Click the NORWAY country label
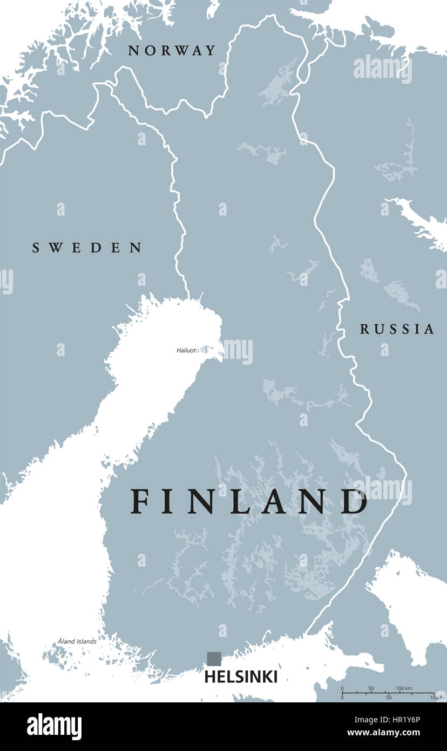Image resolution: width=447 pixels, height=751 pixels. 172,51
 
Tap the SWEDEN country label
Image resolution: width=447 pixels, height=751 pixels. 87,248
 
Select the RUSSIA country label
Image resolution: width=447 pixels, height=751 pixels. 397,329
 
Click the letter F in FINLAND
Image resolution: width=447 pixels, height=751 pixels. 140,501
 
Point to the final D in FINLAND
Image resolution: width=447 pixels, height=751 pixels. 356,501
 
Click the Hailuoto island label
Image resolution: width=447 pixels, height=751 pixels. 187,351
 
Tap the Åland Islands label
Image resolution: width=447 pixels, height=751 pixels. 77,641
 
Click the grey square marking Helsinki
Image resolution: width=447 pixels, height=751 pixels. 214,659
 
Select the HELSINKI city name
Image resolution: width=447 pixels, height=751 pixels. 241,676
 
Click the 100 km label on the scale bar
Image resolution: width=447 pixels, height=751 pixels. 404,688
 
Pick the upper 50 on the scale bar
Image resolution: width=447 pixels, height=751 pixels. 371,688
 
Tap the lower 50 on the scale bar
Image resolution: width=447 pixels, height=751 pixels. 388,698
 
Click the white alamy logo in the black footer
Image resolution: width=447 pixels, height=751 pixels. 54,727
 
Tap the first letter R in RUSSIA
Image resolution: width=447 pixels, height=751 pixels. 364,329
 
